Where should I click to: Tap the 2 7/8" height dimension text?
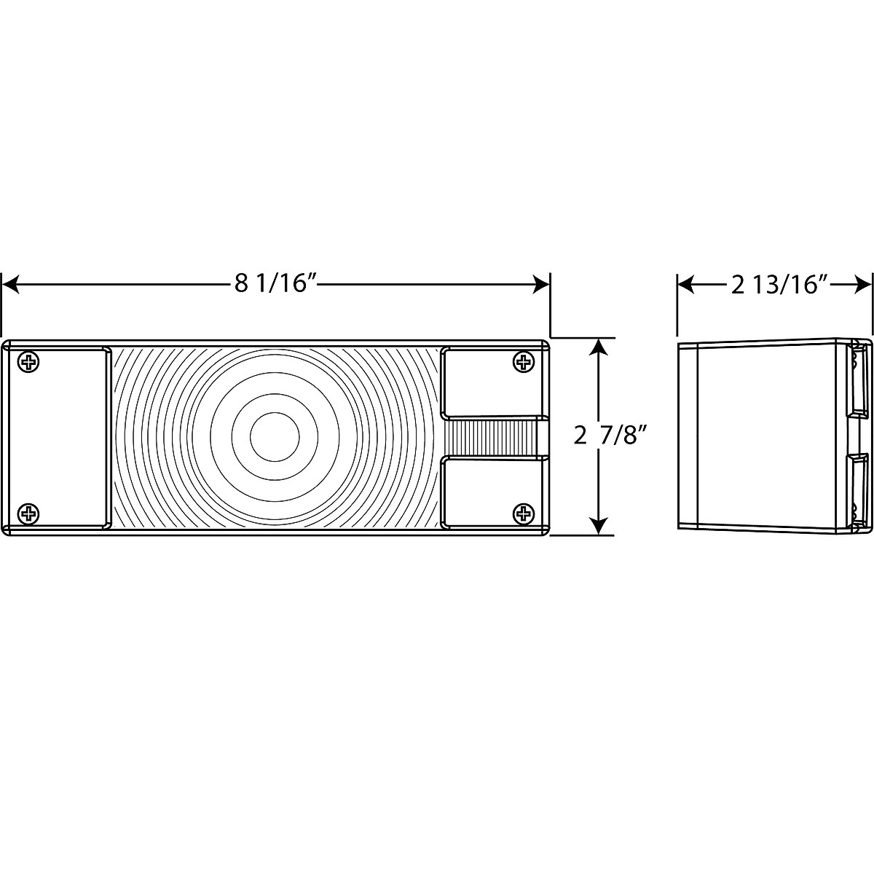[x=609, y=437]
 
